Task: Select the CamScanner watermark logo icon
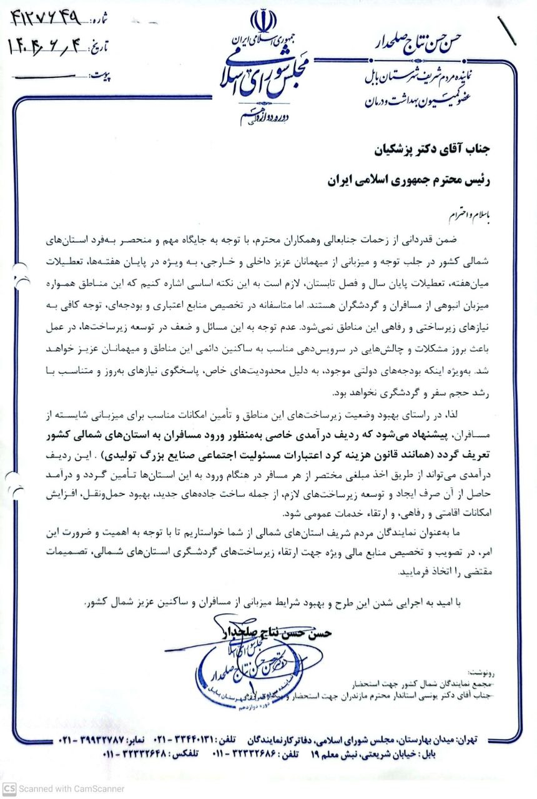click(x=7, y=788)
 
